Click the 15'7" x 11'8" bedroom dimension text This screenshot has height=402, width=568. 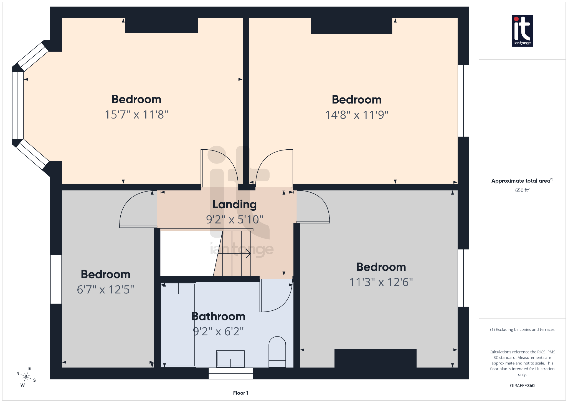click(x=136, y=115)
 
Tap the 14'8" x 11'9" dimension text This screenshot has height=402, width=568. click(x=357, y=115)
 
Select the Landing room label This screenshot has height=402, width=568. click(x=234, y=204)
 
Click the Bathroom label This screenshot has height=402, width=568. click(x=218, y=316)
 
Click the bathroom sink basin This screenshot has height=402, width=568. click(x=230, y=359)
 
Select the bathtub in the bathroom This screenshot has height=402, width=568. click(x=178, y=325)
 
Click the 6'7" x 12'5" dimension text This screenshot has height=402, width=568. click(x=105, y=290)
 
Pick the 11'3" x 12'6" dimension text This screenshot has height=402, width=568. click(x=381, y=282)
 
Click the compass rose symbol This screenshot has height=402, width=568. click(x=26, y=377)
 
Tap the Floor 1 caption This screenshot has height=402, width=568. click(x=240, y=393)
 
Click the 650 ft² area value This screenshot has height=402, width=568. click(x=522, y=190)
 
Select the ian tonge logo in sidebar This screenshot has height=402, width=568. click(x=522, y=31)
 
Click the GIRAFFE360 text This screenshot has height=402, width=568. click(x=522, y=386)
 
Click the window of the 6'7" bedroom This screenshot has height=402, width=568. click(x=56, y=279)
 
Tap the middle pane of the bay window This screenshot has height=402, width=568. click(x=18, y=105)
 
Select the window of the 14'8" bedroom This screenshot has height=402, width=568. click(x=463, y=100)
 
